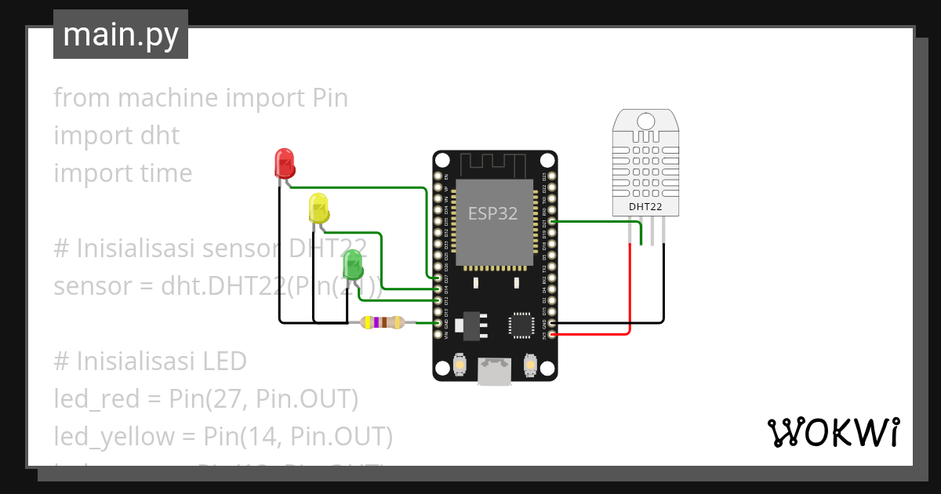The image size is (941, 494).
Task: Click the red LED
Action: [284, 163]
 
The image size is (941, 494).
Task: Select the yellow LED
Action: [318, 208]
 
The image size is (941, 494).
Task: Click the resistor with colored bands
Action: [381, 322]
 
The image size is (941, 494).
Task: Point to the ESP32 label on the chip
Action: [492, 213]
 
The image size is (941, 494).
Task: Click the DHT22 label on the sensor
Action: [645, 207]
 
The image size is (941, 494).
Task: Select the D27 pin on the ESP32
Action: [438, 278]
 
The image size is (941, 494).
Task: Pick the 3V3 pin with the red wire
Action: [553, 335]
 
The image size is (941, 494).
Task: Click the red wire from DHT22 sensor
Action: [630, 290]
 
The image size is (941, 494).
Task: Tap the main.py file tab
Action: [121, 35]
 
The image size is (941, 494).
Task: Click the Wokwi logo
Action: [833, 432]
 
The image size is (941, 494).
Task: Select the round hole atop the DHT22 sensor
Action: [645, 121]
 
